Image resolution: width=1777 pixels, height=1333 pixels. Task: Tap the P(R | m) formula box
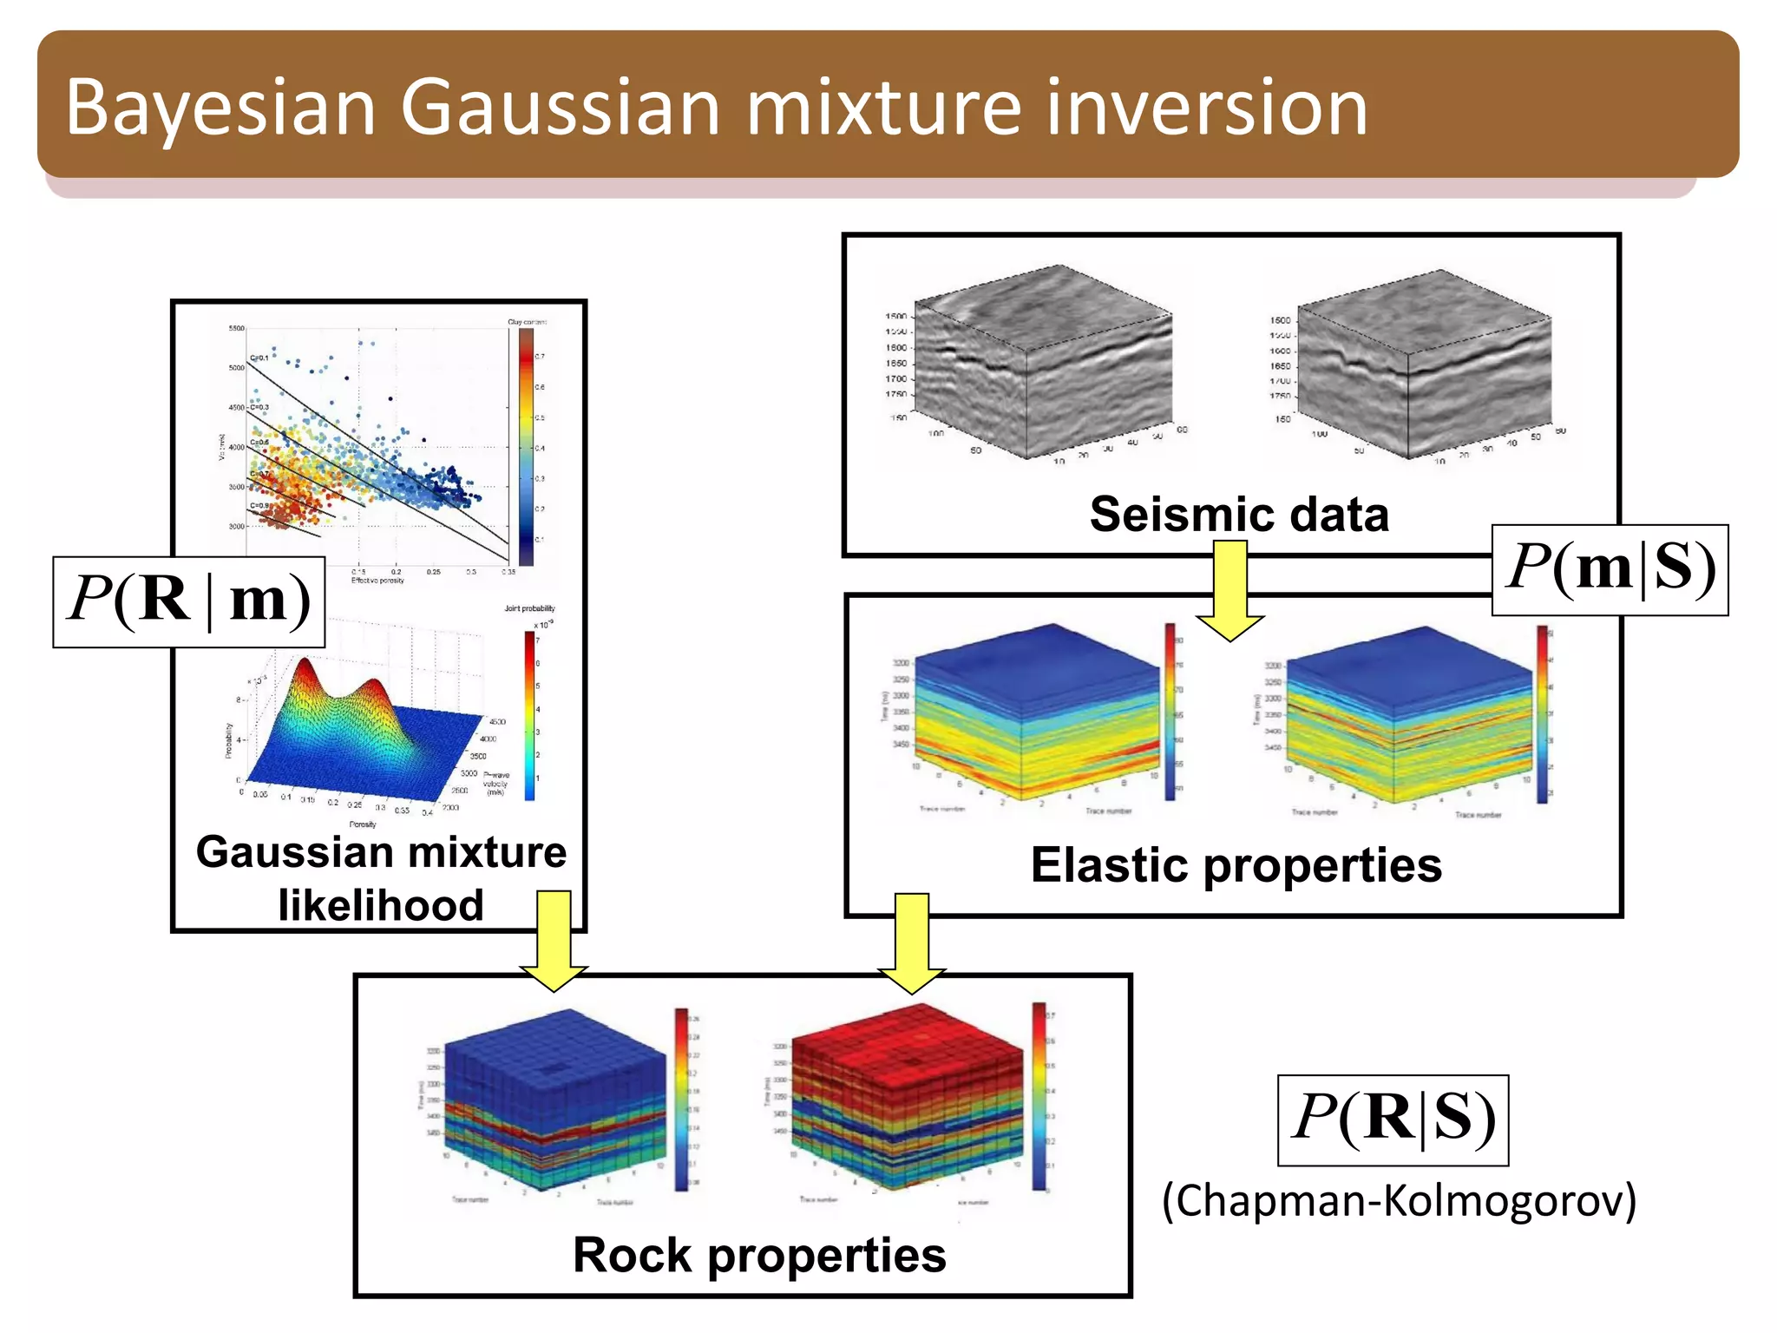pos(189,601)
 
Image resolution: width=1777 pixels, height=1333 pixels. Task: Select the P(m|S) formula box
pos(1610,569)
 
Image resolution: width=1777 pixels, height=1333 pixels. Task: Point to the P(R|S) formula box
pos(1393,1120)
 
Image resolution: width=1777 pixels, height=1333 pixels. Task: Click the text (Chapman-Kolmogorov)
pos(1399,1202)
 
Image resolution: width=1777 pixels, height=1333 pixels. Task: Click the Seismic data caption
pos(1238,515)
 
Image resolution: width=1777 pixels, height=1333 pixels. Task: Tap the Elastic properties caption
pos(1236,865)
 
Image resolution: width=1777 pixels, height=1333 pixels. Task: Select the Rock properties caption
pos(759,1255)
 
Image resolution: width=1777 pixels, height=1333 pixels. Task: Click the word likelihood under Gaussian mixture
pos(380,905)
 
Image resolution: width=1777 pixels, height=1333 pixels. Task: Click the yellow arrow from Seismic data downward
pos(1229,590)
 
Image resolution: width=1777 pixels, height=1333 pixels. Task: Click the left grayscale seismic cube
pos(1041,364)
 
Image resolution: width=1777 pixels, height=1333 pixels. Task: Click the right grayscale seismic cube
pos(1423,364)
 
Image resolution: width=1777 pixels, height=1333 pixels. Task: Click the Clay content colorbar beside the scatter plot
pos(527,447)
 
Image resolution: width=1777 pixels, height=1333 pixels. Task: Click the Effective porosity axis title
pos(377,581)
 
